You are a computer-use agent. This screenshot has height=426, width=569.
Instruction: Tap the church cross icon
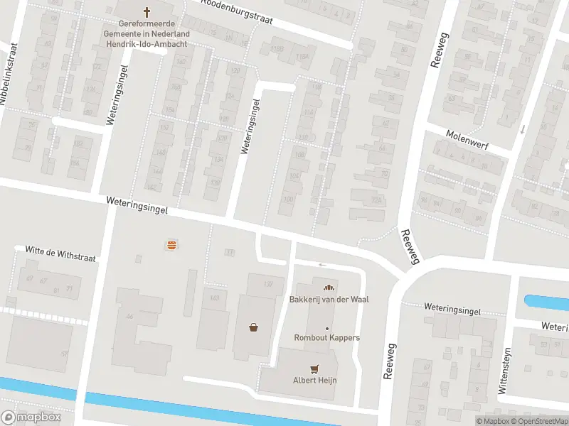click(147, 11)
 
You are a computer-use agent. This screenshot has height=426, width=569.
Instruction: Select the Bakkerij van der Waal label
click(329, 299)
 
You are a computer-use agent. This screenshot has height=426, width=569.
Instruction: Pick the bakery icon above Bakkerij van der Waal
click(328, 288)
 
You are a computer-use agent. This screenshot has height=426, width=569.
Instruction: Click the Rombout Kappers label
click(327, 337)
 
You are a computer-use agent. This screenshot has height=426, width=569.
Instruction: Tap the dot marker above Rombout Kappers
click(327, 328)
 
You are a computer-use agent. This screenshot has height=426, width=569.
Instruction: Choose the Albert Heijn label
click(314, 380)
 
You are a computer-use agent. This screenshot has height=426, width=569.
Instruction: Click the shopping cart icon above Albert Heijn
click(314, 368)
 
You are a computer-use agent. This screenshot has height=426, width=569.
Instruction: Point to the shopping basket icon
click(253, 327)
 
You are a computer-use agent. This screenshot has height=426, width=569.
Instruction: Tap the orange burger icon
click(171, 245)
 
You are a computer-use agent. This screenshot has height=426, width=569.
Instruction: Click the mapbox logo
click(31, 417)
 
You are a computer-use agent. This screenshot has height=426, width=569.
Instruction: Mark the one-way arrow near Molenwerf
click(522, 129)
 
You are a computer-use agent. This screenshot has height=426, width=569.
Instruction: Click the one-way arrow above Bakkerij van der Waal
click(321, 266)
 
